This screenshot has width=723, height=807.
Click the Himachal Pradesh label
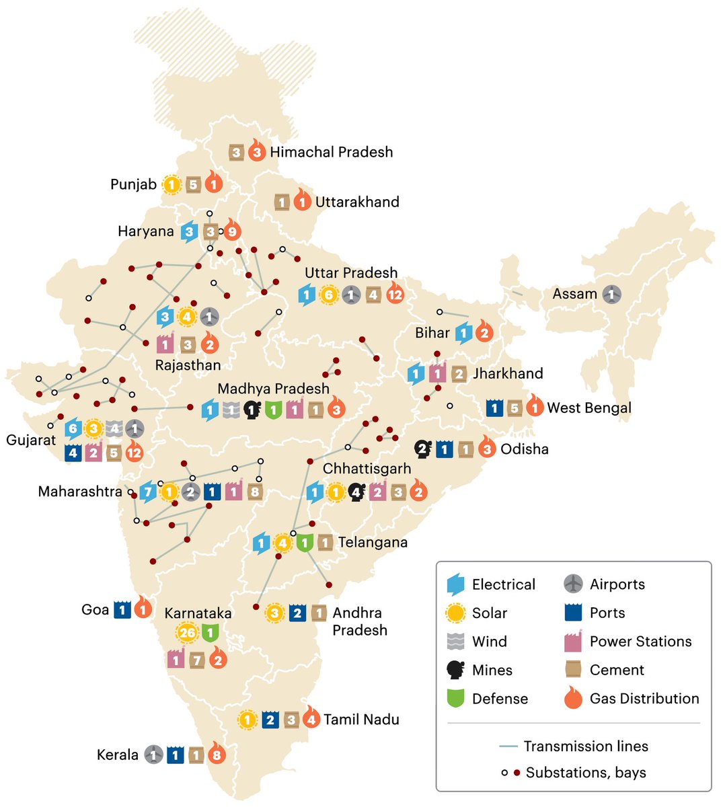tap(331, 152)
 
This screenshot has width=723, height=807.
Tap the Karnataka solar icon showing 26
tap(188, 633)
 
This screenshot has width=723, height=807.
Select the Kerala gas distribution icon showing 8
tap(216, 755)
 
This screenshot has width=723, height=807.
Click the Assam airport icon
tap(611, 294)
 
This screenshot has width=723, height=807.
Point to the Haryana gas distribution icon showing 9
tap(231, 231)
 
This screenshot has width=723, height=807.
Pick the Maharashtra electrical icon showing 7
tap(148, 492)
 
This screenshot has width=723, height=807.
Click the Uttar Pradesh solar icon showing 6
tap(328, 295)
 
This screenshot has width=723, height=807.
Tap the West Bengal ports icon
tap(495, 408)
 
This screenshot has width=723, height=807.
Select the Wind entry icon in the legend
tap(456, 642)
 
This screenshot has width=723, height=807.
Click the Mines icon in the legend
tap(456, 670)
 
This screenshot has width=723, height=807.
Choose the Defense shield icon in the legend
tap(456, 699)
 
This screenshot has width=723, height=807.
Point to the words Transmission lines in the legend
tap(586, 746)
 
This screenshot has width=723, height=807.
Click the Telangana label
tap(373, 542)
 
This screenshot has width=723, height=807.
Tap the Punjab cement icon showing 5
tap(192, 184)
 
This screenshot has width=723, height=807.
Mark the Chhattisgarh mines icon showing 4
tap(356, 492)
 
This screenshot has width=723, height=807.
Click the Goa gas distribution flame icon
tap(143, 609)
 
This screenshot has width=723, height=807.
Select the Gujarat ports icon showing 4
tap(73, 453)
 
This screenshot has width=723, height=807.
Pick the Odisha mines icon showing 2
tap(422, 449)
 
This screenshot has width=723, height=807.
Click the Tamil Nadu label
tap(361, 720)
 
